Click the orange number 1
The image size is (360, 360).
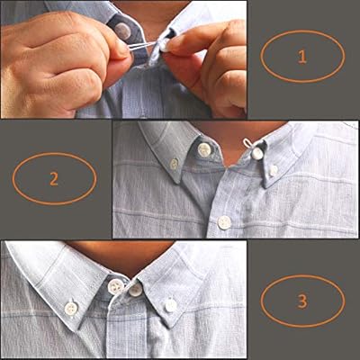(x=301, y=56)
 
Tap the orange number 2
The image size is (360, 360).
(x=53, y=177)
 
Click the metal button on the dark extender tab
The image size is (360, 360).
(x=122, y=31)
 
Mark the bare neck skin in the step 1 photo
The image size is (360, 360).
(x=153, y=11)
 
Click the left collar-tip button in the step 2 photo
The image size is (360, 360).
(x=175, y=164)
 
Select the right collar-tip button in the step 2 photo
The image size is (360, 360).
(x=274, y=169)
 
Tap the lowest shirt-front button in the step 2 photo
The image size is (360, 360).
(x=224, y=222)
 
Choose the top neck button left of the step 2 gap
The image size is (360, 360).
(x=204, y=149)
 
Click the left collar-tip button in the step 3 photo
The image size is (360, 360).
(x=71, y=307)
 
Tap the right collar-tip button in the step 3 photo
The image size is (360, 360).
(x=171, y=305)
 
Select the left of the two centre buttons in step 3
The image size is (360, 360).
(x=115, y=286)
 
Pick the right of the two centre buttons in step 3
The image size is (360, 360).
(x=135, y=289)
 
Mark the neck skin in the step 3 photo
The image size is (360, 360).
(x=126, y=256)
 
